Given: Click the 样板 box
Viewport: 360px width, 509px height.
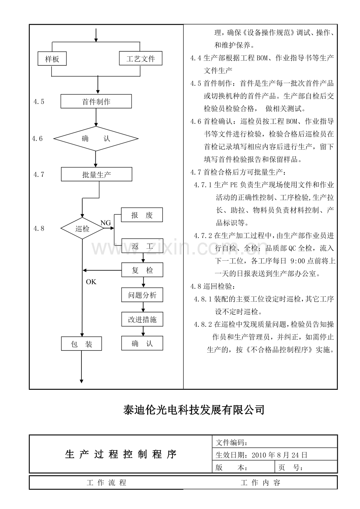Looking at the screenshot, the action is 52,59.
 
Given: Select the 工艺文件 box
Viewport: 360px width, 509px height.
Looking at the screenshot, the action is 140,58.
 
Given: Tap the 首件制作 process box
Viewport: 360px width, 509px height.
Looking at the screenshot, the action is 96,101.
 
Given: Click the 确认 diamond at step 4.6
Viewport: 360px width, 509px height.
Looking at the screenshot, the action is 96,138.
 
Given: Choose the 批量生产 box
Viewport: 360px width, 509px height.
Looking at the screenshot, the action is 96,174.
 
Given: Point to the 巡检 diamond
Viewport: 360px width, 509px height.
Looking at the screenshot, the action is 82,228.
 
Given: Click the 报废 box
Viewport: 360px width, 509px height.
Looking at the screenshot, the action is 142,215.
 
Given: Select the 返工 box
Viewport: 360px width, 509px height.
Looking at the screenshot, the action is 142,246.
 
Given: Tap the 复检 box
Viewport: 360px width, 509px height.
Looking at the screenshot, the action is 142,270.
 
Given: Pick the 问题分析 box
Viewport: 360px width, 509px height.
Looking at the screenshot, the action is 142,295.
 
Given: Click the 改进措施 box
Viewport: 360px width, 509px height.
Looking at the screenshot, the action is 142,319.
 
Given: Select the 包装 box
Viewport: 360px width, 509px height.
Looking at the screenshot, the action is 81,344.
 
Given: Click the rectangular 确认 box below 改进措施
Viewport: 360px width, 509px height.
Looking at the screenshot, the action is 142,343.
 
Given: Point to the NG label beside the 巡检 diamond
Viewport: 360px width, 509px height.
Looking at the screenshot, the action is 106,223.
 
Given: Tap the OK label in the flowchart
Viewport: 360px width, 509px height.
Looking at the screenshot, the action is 91,282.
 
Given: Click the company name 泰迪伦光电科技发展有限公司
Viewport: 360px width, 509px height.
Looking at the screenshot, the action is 194,410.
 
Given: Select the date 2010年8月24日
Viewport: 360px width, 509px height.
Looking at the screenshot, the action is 279,455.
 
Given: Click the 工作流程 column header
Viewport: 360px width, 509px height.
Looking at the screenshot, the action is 106,482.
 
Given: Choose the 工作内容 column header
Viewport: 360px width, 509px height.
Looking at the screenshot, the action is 260,482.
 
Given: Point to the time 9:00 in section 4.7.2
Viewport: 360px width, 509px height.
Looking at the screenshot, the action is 298,261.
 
